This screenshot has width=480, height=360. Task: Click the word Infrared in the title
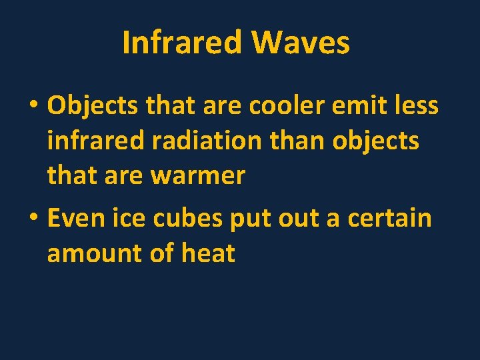pyautogui.click(x=182, y=43)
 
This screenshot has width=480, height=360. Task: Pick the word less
pyautogui.click(x=415, y=105)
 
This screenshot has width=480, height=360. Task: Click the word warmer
pyautogui.click(x=198, y=176)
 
